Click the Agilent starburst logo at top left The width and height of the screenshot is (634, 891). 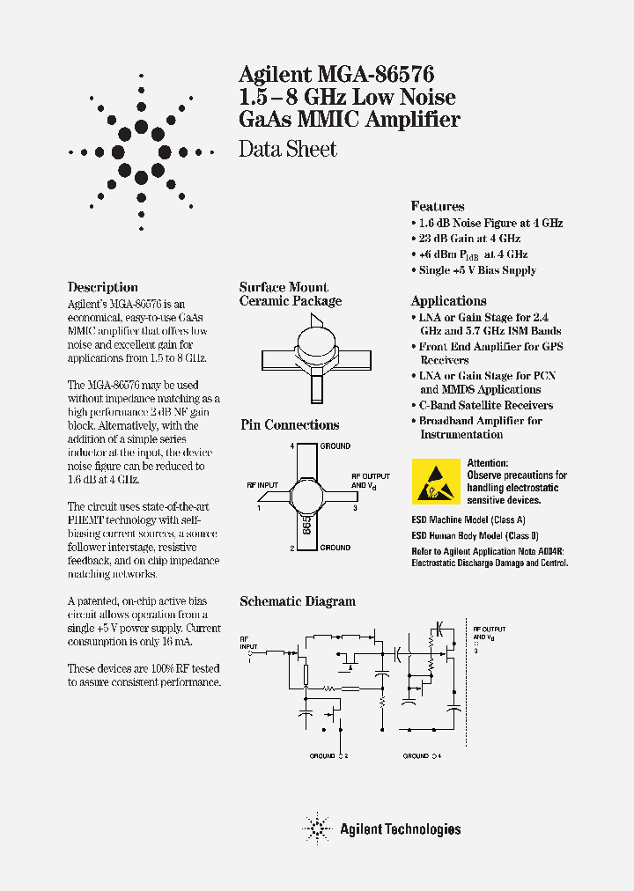pos(139,151)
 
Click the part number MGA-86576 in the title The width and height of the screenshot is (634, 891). pos(380,75)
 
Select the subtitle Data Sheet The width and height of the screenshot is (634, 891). pos(288,149)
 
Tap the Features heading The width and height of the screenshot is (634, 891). pos(438,206)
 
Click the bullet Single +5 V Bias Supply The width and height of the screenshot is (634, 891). pos(476,270)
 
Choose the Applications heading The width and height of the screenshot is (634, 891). pos(448,301)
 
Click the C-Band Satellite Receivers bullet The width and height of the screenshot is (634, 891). pos(485,405)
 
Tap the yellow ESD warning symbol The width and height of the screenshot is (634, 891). pos(435,482)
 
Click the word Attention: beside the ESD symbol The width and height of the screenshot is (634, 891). pos(488,463)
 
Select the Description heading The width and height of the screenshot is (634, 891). pos(103,287)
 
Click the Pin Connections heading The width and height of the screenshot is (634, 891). pos(290,425)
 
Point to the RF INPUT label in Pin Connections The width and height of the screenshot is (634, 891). pos(262,485)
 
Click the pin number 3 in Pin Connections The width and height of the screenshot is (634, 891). pos(355,508)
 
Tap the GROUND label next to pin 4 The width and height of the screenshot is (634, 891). pos(335,446)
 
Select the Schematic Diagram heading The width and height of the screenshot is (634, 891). pos(298,601)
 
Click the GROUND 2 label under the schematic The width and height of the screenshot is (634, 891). pos(328,756)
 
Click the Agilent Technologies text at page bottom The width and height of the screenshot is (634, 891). pos(400,828)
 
